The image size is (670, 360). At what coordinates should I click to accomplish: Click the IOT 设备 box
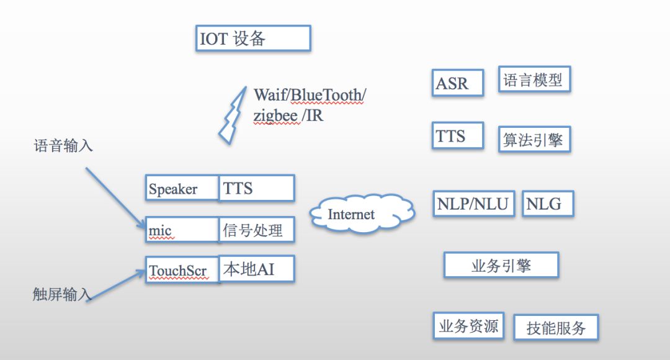click(x=252, y=38)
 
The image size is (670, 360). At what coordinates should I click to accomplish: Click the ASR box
click(x=457, y=83)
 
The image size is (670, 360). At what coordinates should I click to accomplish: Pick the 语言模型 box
click(x=534, y=80)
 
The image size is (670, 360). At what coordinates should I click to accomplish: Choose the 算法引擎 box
click(x=534, y=140)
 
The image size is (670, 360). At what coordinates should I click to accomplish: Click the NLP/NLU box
click(x=474, y=204)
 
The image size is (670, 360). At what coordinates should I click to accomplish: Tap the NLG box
click(x=548, y=204)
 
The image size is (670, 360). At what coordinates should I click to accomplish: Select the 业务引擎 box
click(x=501, y=265)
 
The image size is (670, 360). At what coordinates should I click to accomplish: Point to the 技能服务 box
click(x=556, y=328)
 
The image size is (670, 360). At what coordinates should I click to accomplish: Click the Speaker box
click(x=182, y=188)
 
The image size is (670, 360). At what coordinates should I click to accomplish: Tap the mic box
click(x=182, y=230)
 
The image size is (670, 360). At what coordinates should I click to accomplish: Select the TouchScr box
click(x=182, y=270)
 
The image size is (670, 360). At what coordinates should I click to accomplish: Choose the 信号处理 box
click(x=256, y=230)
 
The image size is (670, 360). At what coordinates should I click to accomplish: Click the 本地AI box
click(x=256, y=269)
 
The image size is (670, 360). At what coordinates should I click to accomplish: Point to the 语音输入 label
click(x=63, y=146)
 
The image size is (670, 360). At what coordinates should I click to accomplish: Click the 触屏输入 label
click(x=62, y=295)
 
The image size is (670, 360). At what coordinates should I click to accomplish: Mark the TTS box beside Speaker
click(x=256, y=188)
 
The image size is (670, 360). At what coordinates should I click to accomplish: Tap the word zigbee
click(x=277, y=115)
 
